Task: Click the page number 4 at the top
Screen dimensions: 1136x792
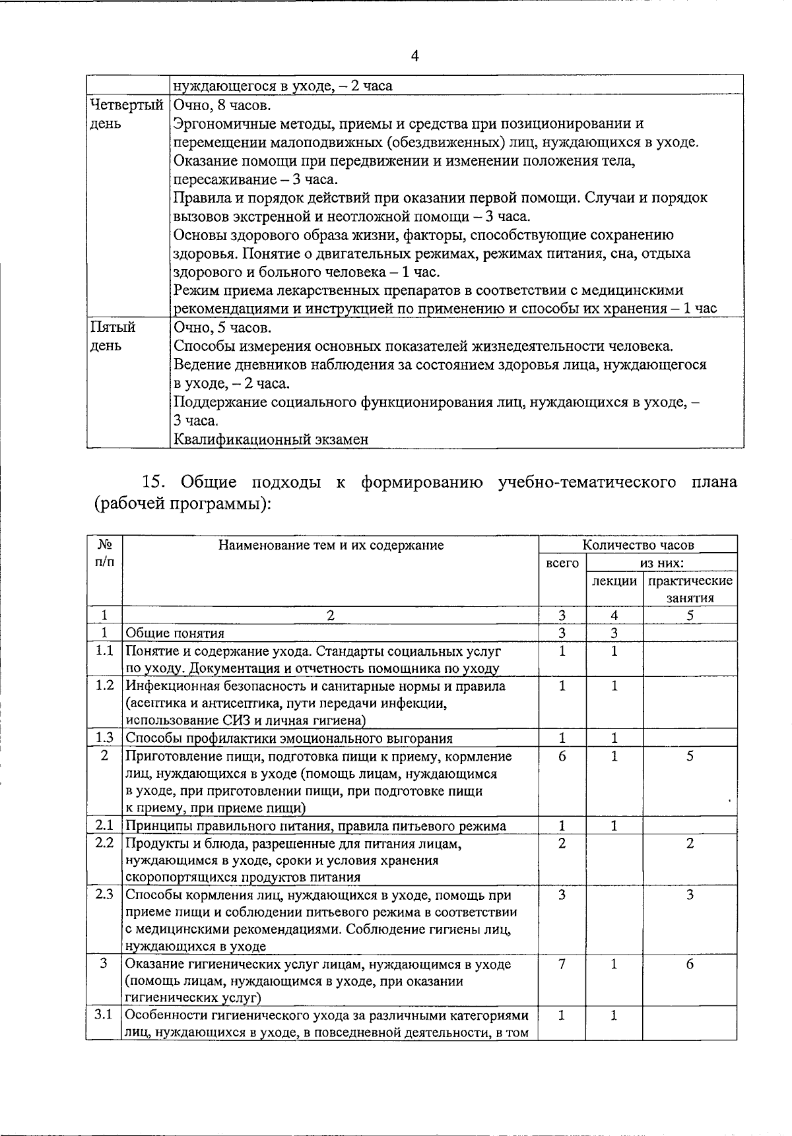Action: pos(415,56)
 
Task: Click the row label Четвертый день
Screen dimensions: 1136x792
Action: pos(125,114)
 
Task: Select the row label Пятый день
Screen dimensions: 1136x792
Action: pos(112,336)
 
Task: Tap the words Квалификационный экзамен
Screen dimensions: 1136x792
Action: pos(271,439)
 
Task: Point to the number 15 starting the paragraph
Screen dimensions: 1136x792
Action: pos(152,482)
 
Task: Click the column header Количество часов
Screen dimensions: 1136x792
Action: pos(638,545)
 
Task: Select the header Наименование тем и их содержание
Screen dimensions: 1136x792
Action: pos(331,545)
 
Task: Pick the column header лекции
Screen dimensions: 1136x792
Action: pos(614,581)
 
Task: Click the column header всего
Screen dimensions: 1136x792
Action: pos(562,563)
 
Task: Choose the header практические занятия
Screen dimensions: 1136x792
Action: pos(690,589)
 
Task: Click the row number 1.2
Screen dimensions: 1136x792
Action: pos(104,685)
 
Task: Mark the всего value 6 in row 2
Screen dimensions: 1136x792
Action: pos(562,757)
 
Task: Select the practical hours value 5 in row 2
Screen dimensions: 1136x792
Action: pos(689,757)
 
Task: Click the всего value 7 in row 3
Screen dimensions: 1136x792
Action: pos(562,964)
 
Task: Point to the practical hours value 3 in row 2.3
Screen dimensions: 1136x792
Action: pos(689,895)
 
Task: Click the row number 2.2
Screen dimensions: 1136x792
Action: pos(104,843)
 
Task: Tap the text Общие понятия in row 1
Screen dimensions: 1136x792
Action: pos(175,633)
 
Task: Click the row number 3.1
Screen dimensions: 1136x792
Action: pos(104,1015)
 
